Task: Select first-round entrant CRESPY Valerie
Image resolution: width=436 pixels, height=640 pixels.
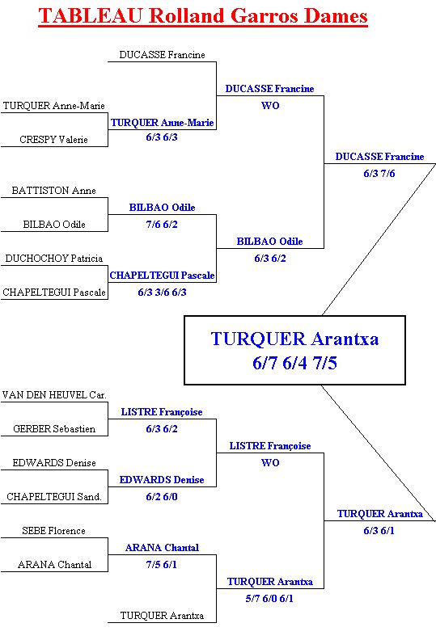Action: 53,140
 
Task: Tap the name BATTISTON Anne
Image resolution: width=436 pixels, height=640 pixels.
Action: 53,191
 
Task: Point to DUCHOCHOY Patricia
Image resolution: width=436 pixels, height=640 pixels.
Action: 54,259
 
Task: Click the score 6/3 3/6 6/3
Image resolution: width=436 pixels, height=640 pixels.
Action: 162,293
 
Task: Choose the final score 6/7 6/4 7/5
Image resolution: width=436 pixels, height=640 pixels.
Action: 294,363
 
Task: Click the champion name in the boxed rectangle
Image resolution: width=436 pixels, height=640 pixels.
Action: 294,339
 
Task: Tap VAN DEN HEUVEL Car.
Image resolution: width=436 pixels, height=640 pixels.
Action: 54,395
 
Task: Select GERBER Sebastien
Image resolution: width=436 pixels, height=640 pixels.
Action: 54,429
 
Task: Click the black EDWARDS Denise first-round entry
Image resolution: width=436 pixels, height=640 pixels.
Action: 54,463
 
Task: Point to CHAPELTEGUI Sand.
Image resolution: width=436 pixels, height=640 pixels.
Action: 54,497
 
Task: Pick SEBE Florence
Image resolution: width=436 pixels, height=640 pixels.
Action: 53,531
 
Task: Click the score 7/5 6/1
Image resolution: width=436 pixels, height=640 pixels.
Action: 162,565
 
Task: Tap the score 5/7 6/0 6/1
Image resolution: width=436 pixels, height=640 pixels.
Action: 269,598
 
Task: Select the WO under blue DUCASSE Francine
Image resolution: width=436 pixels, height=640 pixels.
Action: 270,105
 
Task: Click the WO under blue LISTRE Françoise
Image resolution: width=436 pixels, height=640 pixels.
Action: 270,462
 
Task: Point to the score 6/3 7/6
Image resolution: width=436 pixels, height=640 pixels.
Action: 379,174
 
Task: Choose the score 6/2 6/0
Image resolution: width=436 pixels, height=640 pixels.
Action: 162,497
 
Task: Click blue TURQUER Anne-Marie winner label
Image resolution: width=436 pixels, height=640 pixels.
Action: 163,123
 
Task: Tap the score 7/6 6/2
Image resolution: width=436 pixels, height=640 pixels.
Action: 162,224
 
